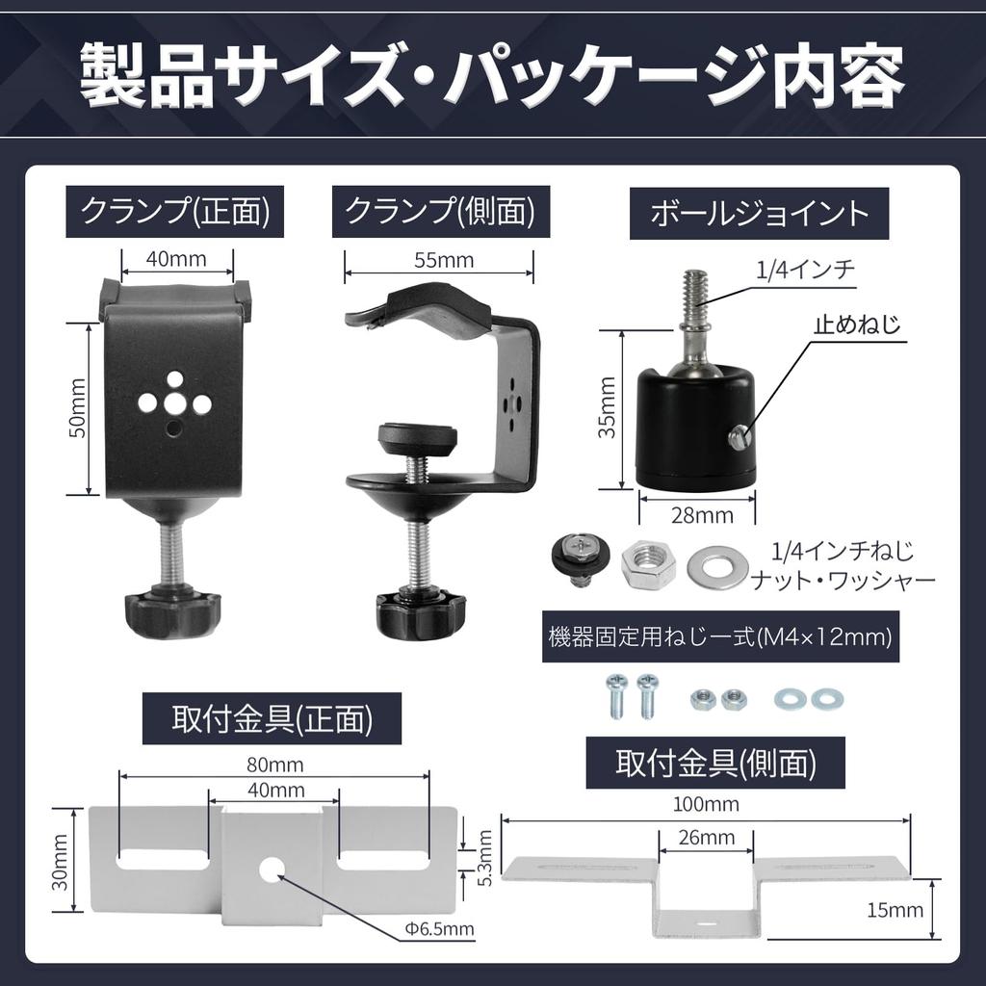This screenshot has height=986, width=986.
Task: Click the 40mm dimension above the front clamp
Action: [177, 260]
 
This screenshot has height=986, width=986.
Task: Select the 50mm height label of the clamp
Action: [78, 409]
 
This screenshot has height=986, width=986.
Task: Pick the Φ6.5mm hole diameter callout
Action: [438, 929]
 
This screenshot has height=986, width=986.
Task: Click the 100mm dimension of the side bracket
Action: [708, 804]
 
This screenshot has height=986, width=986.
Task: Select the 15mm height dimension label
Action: [894, 910]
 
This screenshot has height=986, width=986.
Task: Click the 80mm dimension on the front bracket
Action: [274, 765]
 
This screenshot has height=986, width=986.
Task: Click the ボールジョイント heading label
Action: [760, 213]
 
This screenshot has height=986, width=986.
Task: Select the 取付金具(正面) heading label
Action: [272, 718]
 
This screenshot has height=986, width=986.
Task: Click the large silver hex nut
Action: [648, 564]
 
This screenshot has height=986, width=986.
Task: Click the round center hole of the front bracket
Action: [272, 869]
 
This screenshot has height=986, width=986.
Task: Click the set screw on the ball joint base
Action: [739, 439]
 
